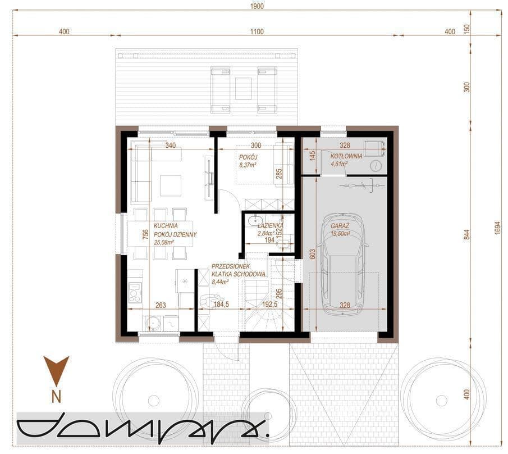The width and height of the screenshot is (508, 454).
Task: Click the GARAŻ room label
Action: pos(340,226)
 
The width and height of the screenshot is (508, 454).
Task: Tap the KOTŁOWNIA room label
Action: pos(346,156)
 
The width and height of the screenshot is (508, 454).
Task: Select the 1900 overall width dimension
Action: pos(257,6)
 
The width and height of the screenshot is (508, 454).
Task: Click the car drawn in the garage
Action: pos(343,264)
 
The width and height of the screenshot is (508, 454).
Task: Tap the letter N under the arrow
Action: pos(56,397)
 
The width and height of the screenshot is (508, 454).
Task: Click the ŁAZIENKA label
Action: pos(271,225)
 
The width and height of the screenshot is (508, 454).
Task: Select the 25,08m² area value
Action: pos(164,242)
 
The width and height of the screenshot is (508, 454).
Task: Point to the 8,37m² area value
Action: pos(248,165)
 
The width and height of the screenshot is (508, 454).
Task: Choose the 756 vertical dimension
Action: pos(145,234)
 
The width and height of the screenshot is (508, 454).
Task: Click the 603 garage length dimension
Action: pos(312,254)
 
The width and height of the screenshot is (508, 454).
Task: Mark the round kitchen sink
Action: pos(153,324)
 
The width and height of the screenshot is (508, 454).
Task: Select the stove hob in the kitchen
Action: pos(135,292)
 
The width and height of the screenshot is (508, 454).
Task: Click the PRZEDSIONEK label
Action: pos(231,266)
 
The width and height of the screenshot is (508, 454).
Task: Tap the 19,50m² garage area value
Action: pos(340,234)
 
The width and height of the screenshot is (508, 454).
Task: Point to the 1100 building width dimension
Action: pos(257,31)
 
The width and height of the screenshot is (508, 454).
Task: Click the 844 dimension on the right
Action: pos(466,235)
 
